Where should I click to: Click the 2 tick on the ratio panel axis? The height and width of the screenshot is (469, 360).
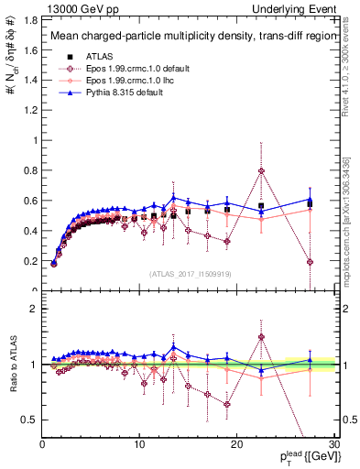[x=35, y=309]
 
